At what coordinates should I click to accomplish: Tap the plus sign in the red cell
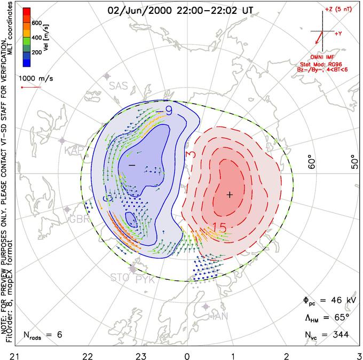[x=230, y=195]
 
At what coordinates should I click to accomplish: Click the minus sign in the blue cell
[x=131, y=166]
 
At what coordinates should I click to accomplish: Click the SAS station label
[x=119, y=85]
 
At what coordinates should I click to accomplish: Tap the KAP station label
[x=75, y=152]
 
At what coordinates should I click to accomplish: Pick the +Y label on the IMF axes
[x=338, y=33]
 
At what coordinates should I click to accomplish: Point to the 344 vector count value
[x=339, y=335]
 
